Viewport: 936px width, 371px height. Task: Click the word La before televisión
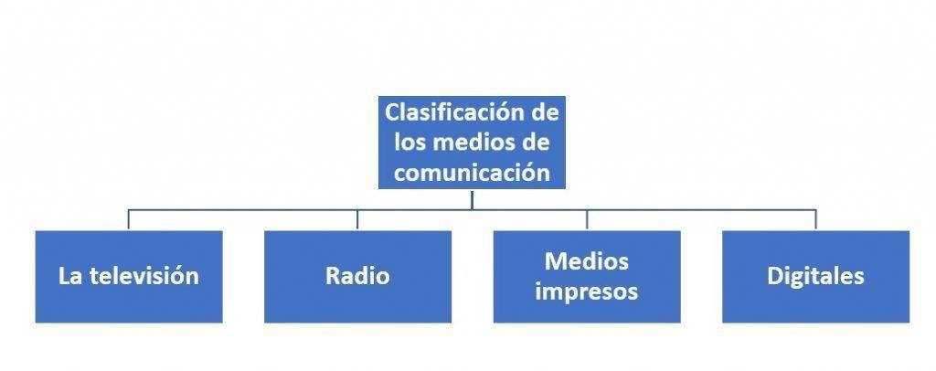click(70, 276)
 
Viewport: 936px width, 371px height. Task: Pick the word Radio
click(357, 276)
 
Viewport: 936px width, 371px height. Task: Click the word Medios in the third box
click(587, 262)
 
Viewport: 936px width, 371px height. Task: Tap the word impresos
click(587, 292)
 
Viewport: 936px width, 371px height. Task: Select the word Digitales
click(815, 276)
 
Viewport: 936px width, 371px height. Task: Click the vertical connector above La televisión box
click(129, 219)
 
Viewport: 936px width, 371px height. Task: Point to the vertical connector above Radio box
click(357, 219)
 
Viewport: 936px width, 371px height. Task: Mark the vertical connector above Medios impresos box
click(587, 219)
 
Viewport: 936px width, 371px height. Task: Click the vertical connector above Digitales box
click(815, 219)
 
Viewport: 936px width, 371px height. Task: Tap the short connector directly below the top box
click(472, 198)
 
